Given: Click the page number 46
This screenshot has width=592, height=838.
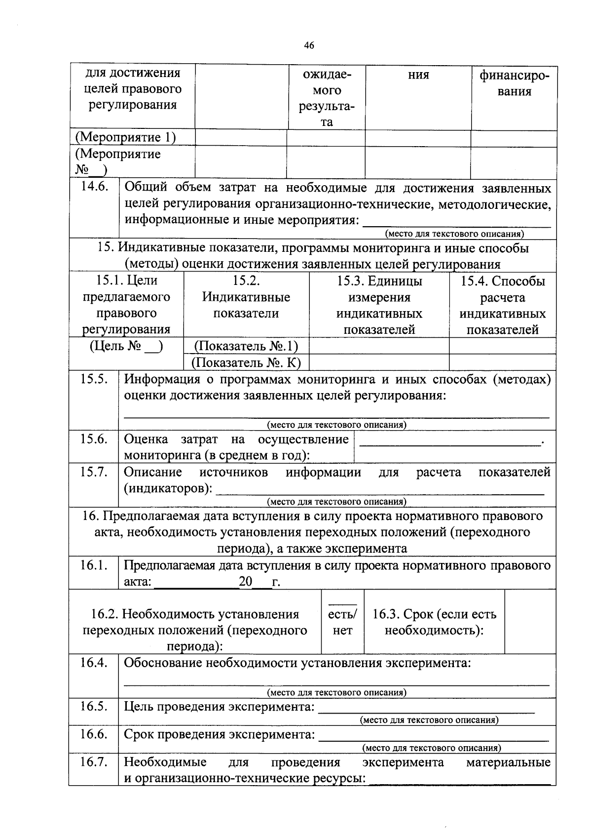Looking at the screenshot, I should (x=309, y=45).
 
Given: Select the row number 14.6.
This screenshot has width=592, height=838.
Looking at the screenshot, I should (x=94, y=187).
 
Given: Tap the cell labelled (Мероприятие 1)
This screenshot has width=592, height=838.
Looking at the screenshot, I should (x=125, y=137).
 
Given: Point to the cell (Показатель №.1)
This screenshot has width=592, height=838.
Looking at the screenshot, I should (x=246, y=346).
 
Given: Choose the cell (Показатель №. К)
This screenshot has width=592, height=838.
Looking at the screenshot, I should (x=246, y=363).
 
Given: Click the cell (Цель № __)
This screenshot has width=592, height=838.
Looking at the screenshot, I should (x=126, y=346).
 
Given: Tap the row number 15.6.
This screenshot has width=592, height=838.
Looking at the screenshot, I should (x=94, y=439).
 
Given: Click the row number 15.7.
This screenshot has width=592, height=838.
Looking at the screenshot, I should (x=94, y=472).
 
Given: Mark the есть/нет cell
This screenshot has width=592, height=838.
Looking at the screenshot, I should (x=342, y=622).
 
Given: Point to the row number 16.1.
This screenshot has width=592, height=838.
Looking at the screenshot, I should (x=94, y=565).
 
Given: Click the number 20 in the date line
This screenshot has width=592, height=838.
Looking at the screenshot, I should (x=245, y=581).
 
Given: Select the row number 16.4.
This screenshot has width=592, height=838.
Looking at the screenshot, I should (x=94, y=663).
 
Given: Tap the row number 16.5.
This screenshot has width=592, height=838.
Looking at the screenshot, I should (x=94, y=706).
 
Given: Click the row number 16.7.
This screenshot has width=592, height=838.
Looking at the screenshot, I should (x=94, y=762).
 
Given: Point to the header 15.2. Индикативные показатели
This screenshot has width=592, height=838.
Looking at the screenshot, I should (x=246, y=297).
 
